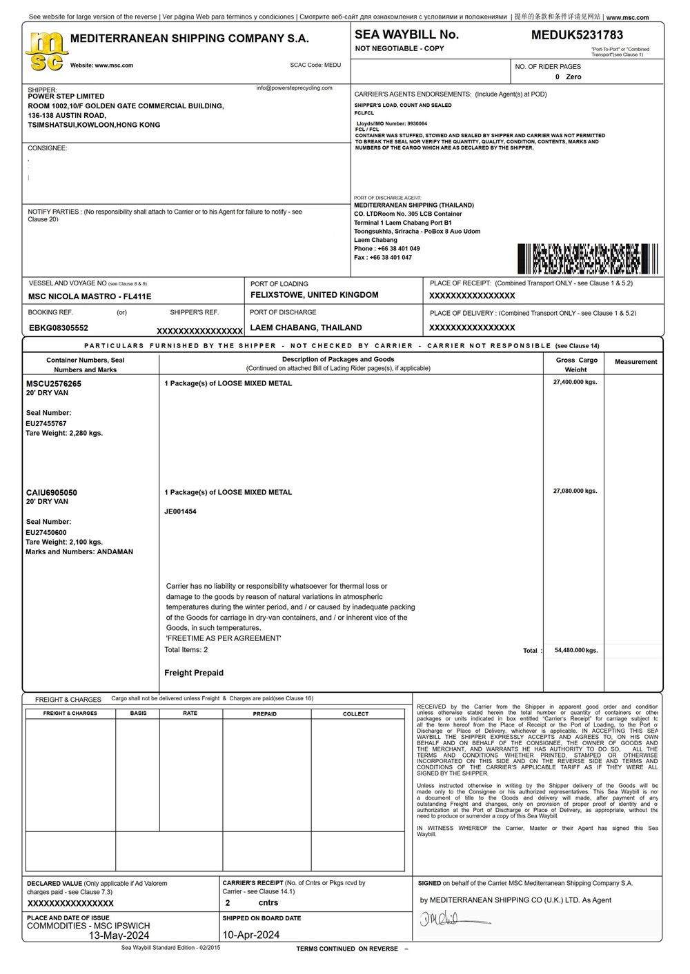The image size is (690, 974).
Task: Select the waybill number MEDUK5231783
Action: [577, 35]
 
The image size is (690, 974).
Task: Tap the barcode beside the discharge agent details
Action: [587, 258]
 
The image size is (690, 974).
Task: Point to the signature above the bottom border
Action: [452, 919]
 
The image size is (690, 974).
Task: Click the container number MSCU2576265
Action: [54, 383]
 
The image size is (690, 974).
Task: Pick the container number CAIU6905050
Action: [52, 492]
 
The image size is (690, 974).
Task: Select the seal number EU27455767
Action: [46, 423]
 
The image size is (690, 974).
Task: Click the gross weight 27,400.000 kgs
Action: [575, 381]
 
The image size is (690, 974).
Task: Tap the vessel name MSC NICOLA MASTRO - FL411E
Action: [90, 296]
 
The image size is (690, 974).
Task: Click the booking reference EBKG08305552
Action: [59, 327]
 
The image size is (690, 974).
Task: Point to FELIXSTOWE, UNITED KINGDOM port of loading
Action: [314, 295]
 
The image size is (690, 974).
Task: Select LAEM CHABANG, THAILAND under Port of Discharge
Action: [306, 327]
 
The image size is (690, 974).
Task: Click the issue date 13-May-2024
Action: [119, 935]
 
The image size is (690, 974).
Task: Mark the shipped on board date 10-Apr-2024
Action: [251, 935]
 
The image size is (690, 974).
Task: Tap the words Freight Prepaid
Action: [194, 673]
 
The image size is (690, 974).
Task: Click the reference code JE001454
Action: [180, 511]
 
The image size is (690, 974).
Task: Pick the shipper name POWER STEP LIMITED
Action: [66, 97]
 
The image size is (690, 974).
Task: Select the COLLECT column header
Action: [356, 713]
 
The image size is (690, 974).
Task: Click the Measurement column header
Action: [635, 362]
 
